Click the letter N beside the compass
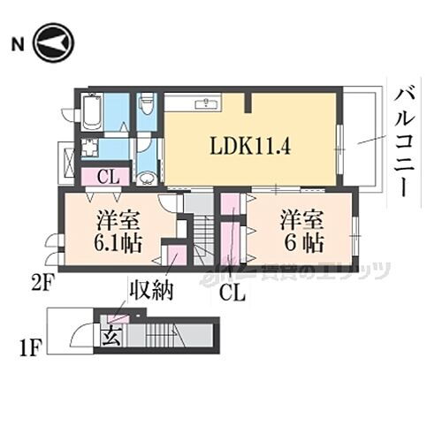18,42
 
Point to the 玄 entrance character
112,336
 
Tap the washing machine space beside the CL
89,149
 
